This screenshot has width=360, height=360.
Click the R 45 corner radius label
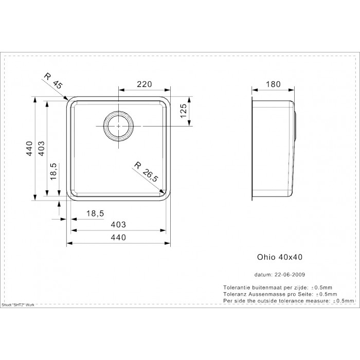53,81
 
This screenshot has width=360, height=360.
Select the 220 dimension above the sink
145,84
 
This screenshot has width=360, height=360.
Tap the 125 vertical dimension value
184,111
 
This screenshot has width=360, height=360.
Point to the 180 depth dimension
273,84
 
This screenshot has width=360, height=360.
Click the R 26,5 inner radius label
147,172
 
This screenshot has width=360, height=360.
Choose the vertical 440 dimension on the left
30,149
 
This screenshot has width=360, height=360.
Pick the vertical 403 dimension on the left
41,149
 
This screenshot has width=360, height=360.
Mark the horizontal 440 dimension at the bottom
118,237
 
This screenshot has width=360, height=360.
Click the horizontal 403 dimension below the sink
118,224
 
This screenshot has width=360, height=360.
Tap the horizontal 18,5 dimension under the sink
95,213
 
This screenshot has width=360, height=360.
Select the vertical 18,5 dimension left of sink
53,171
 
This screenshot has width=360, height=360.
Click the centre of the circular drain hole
118,126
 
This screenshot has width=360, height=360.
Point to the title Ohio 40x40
280,257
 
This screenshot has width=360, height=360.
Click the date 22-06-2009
290,275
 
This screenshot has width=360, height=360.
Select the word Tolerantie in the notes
237,287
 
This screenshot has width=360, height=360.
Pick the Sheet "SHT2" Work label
18,305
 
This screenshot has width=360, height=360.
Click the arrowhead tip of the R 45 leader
68,100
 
